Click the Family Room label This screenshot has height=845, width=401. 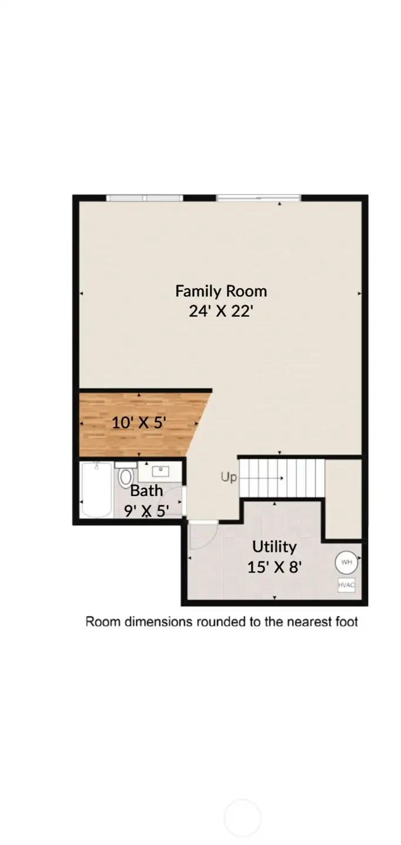(220, 291)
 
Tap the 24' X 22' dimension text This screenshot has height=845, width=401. (220, 311)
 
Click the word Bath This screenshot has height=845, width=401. (146, 490)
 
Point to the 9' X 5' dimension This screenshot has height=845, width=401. (146, 510)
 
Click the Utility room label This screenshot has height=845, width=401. (274, 546)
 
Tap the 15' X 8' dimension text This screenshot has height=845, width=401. (275, 567)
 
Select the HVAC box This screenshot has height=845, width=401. (346, 585)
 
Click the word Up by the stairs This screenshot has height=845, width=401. (229, 478)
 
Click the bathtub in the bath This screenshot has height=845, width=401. (96, 490)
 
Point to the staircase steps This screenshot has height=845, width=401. (282, 477)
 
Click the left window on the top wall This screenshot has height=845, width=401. (144, 198)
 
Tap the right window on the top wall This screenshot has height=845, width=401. (258, 198)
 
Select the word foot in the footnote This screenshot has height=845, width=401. (346, 622)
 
